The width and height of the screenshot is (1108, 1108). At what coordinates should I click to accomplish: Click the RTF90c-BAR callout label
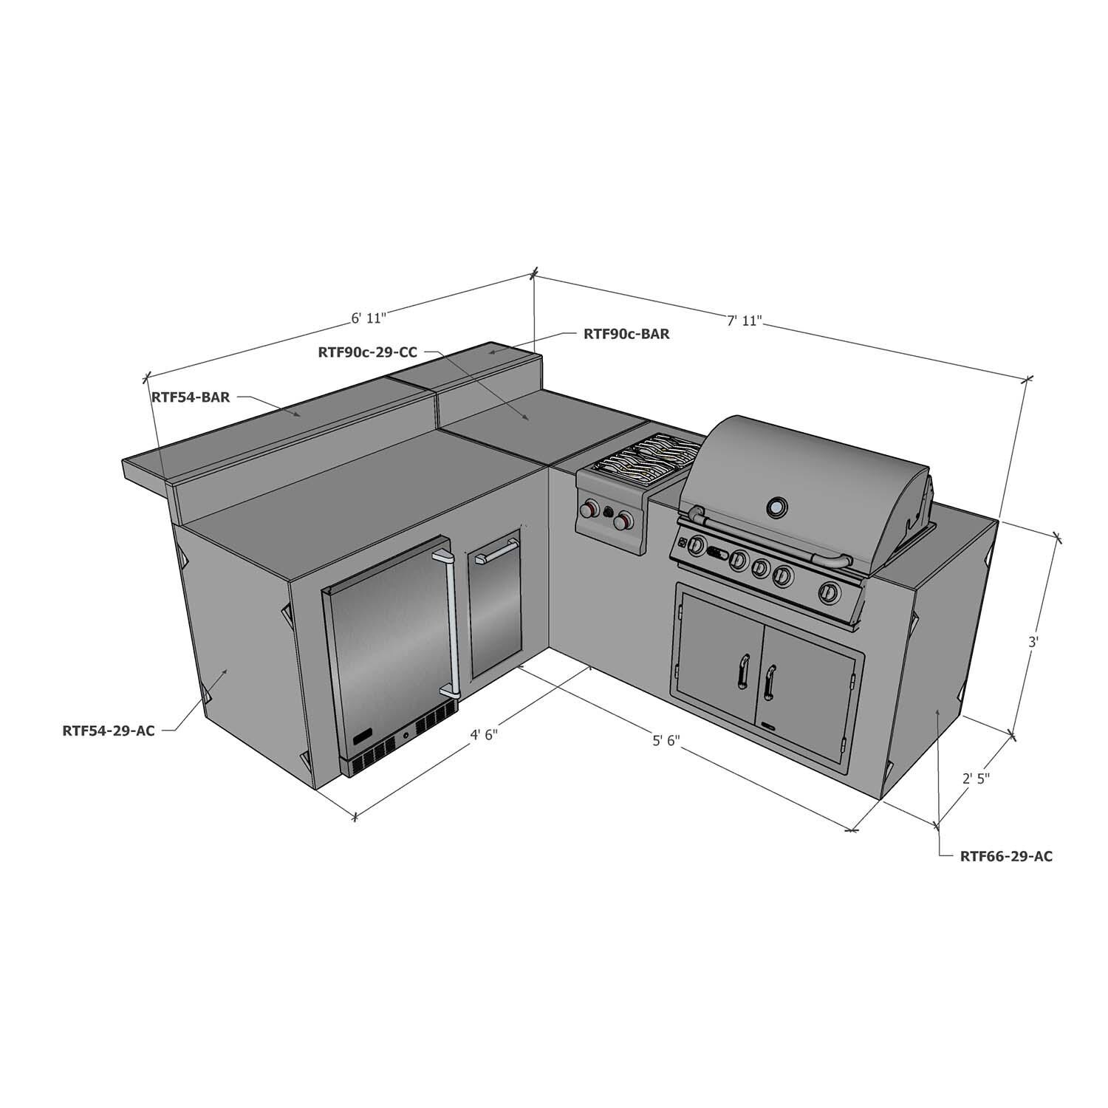click(626, 334)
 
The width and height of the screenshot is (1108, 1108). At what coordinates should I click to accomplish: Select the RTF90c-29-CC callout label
click(367, 352)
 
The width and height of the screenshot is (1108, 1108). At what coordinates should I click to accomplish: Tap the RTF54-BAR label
click(191, 397)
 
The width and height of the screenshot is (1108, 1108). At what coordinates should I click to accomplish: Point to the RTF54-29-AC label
click(109, 732)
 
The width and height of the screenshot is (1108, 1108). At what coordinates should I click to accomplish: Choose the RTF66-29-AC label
click(1006, 857)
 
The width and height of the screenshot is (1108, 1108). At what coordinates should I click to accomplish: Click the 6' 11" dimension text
click(369, 318)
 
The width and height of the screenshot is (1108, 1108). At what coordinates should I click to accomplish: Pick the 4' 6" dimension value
click(485, 735)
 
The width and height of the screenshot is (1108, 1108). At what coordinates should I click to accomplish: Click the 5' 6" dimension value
click(666, 741)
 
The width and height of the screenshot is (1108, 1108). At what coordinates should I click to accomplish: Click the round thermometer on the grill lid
click(776, 507)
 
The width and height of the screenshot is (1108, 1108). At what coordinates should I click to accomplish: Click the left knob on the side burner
click(589, 509)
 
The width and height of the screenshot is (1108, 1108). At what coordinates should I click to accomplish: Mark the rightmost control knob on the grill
click(830, 592)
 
